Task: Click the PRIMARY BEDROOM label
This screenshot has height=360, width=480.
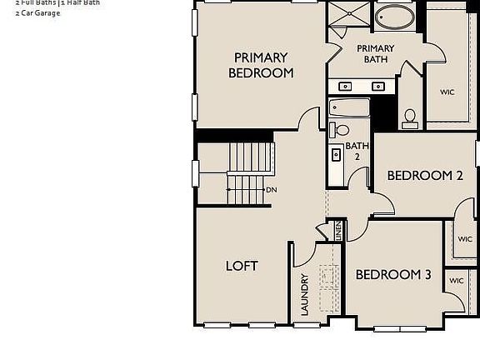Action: click(x=261, y=65)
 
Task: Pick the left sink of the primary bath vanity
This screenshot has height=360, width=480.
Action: click(x=344, y=86)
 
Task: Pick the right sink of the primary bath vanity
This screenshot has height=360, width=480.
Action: click(x=377, y=86)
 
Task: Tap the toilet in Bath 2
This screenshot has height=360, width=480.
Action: click(x=341, y=130)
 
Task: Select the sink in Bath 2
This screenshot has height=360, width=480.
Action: click(x=337, y=154)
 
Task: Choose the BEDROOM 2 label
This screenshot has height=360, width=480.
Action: click(x=425, y=176)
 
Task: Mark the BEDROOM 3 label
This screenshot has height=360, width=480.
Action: click(x=393, y=275)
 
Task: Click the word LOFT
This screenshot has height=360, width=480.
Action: click(x=242, y=266)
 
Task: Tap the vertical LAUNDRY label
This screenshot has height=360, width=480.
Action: click(x=305, y=295)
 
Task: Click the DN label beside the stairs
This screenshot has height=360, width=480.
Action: click(x=272, y=190)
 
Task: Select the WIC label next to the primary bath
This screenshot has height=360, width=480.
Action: click(x=447, y=92)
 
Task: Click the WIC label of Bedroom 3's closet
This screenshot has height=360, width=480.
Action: click(x=456, y=281)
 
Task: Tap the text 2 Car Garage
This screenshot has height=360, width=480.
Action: click(x=37, y=13)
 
